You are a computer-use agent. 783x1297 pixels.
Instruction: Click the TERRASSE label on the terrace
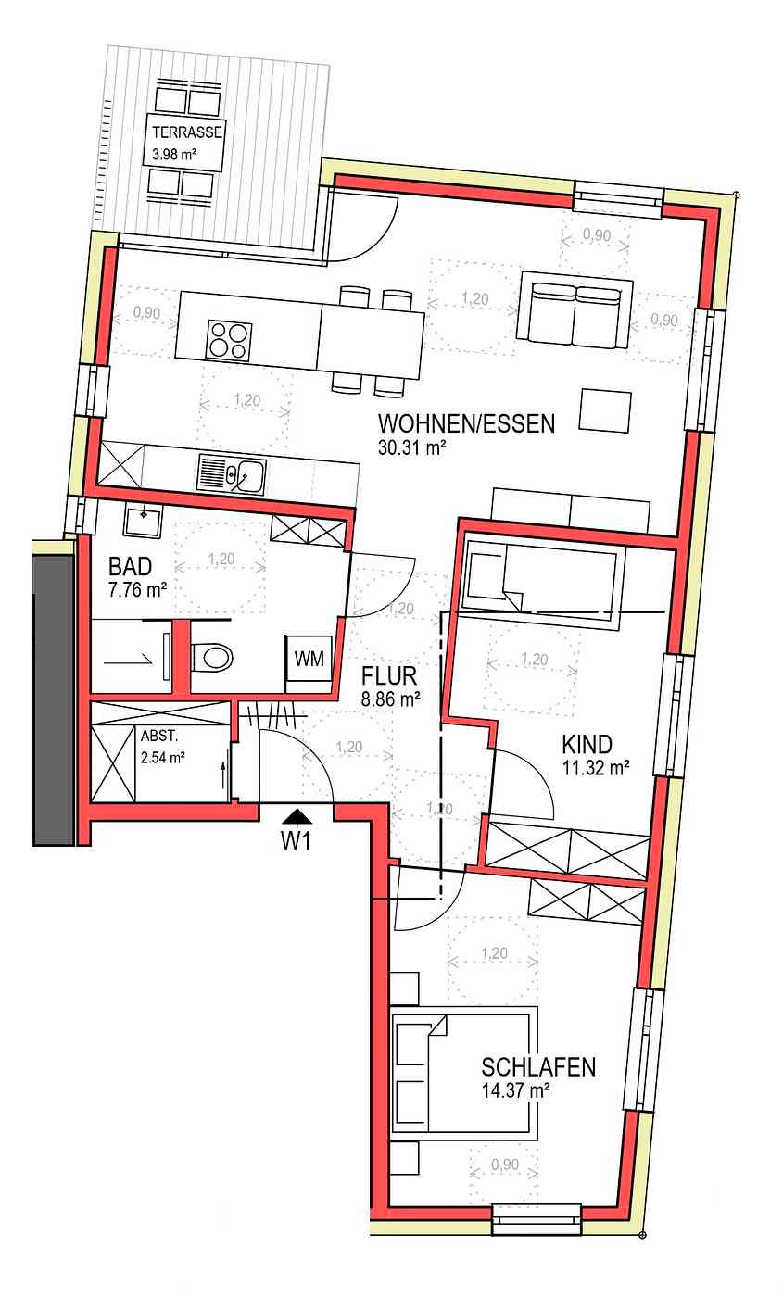click(x=187, y=132)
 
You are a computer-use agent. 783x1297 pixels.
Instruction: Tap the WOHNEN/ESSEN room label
click(x=466, y=424)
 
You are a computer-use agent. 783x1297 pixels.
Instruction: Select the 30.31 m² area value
click(x=411, y=447)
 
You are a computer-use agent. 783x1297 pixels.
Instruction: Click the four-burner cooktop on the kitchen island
click(x=230, y=340)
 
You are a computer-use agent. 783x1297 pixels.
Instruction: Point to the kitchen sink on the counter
click(x=232, y=474)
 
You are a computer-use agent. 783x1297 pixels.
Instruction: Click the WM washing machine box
click(x=309, y=659)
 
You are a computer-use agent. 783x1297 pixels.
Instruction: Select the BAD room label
click(x=131, y=566)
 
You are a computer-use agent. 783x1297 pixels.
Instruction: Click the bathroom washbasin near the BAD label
click(x=143, y=519)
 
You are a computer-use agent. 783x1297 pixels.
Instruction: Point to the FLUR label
click(x=388, y=675)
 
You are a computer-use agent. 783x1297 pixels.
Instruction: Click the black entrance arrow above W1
click(x=297, y=816)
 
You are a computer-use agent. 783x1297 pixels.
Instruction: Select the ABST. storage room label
click(x=158, y=737)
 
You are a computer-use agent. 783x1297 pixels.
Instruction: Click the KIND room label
click(x=587, y=744)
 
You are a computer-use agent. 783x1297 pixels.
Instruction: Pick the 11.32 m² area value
click(x=596, y=768)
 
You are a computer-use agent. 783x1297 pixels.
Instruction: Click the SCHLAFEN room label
click(x=538, y=1067)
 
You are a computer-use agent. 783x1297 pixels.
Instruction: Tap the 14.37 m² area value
click(x=515, y=1091)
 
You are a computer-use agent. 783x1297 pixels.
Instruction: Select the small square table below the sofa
click(x=605, y=411)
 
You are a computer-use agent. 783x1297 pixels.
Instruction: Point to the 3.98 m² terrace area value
click(x=174, y=155)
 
